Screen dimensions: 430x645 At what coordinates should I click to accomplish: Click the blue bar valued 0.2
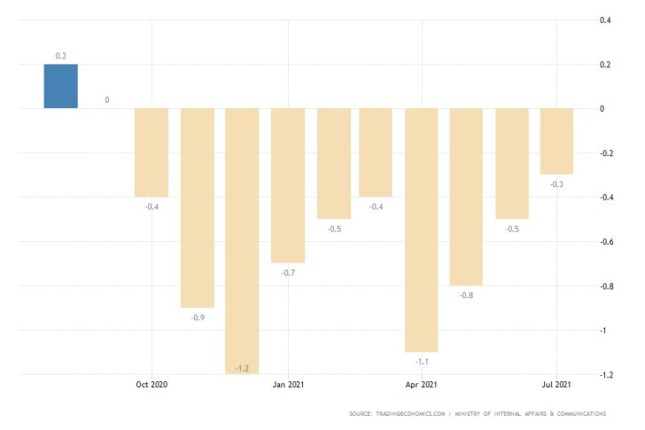[x=61, y=86]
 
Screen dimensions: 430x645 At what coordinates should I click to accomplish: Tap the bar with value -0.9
[x=198, y=207]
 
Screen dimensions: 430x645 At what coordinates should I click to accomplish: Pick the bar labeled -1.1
[x=422, y=230]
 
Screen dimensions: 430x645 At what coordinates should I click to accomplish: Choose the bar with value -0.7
[x=287, y=185]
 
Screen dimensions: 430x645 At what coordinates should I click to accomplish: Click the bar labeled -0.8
[x=466, y=196]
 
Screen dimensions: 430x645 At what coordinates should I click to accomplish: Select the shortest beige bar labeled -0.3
[x=556, y=141]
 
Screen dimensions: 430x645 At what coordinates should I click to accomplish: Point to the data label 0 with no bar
[x=107, y=100]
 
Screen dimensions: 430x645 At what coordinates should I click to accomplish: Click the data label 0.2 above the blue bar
[x=61, y=56]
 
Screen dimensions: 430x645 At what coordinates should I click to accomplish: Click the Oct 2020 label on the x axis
[x=152, y=385]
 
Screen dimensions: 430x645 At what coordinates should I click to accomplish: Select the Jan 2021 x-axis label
[x=288, y=385]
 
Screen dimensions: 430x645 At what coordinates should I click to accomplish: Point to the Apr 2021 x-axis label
[x=422, y=385]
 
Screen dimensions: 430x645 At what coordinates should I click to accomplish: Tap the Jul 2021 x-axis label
[x=556, y=385]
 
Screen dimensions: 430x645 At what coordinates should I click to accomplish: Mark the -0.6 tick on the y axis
[x=604, y=241]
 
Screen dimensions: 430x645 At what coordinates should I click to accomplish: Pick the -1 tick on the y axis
[x=607, y=330]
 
